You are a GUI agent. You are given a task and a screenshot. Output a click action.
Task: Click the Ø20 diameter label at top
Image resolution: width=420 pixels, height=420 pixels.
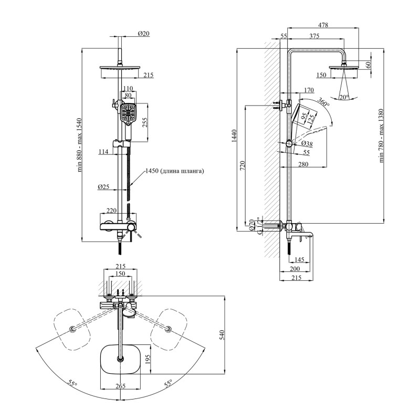[144, 34]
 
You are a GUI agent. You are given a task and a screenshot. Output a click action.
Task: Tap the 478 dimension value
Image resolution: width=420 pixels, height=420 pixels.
[323, 24]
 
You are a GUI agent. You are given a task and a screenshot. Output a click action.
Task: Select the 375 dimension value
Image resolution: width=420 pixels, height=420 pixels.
[314, 36]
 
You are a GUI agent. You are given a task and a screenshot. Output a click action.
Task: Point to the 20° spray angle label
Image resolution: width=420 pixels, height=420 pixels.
[344, 97]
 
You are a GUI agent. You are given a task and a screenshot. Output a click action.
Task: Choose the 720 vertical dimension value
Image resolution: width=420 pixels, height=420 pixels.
[241, 165]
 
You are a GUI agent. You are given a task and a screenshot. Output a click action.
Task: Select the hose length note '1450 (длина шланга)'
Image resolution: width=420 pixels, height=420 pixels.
[175, 171]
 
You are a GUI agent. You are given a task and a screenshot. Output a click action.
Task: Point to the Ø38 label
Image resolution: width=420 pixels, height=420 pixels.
[306, 144]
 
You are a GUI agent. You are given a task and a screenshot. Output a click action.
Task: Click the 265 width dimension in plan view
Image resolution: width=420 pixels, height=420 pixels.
[121, 386]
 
